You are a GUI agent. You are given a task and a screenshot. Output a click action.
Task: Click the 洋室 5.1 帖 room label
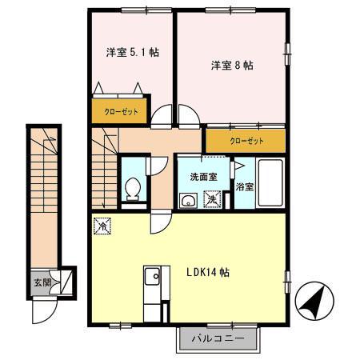coord(132,53)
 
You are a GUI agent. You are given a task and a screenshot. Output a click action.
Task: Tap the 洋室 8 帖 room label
coord(232,66)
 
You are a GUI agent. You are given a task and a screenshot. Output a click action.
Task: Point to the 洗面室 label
coord(203,177)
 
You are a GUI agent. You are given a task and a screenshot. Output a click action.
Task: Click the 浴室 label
coord(244,187)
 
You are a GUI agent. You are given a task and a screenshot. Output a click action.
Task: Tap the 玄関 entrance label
coord(42,282)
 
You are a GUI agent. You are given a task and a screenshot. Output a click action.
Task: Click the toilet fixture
coord(134,188)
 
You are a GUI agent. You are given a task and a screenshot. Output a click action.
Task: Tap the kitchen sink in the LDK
coord(153,279)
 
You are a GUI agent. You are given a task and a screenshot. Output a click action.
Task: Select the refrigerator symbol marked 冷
coord(102,226)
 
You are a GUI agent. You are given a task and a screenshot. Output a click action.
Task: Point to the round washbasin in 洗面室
coord(189,200)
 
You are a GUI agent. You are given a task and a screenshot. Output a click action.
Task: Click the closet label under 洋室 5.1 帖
coord(120,111)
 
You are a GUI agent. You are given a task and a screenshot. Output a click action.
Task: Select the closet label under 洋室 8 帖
coord(246,141)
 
